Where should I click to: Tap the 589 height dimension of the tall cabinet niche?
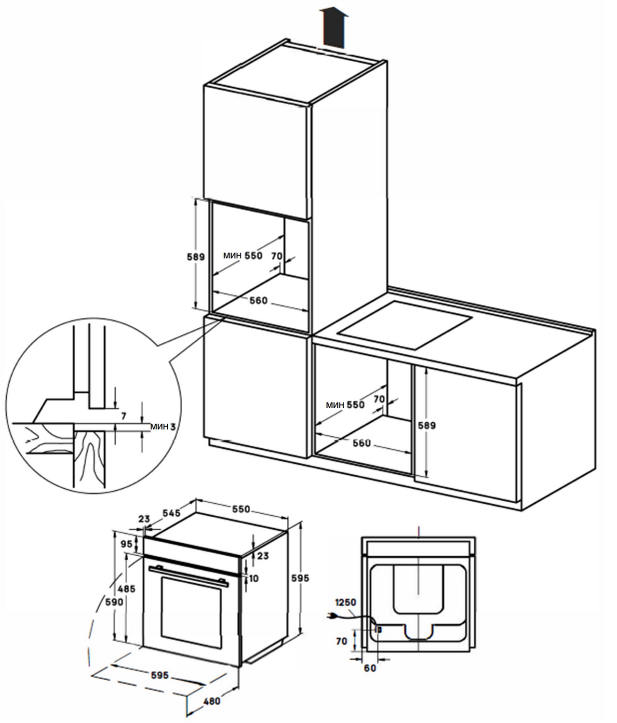click(x=196, y=257)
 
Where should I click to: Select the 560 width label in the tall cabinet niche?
click(x=258, y=301)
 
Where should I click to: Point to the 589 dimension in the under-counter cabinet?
click(x=427, y=426)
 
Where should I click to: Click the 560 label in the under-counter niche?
click(x=362, y=443)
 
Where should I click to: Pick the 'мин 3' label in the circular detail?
click(x=162, y=426)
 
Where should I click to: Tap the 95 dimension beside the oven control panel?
click(x=127, y=544)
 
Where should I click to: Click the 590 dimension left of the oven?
click(x=115, y=602)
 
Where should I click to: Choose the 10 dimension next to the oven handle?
click(x=255, y=577)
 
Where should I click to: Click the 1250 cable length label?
click(x=346, y=602)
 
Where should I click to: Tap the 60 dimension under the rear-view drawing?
click(x=370, y=668)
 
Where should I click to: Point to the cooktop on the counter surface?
click(x=405, y=325)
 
